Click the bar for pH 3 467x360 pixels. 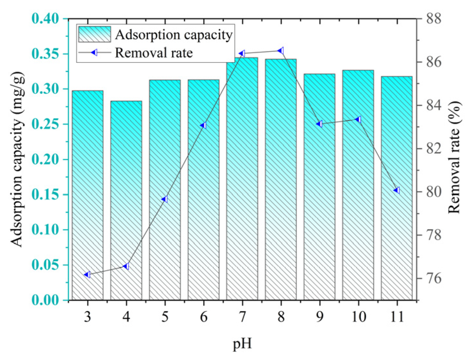(88, 195)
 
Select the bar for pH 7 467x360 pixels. (242, 178)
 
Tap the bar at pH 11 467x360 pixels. (397, 188)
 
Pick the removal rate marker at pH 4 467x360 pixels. (126, 266)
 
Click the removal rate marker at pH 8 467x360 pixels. (281, 51)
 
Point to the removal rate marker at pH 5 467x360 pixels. (165, 199)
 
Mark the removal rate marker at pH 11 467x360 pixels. (397, 190)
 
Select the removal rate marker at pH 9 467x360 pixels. (319, 124)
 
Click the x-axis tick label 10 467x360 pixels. (358, 317)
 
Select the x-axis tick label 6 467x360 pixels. (203, 317)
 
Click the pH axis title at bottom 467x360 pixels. (242, 343)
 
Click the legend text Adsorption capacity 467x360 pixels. (174, 35)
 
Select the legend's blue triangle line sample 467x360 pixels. (94, 53)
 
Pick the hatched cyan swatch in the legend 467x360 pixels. (94, 34)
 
